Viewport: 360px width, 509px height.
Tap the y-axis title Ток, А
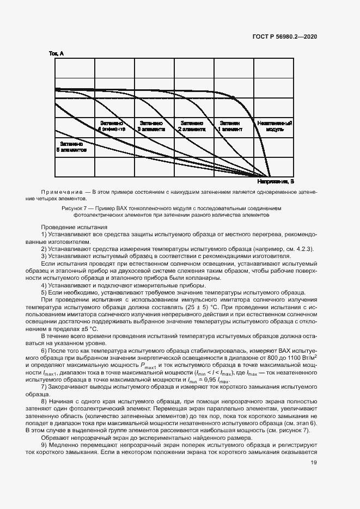coord(57,53)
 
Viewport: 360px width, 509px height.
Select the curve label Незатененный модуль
coord(275,126)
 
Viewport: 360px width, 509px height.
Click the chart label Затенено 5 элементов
coord(71,147)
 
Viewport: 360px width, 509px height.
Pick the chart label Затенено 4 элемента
coord(112,126)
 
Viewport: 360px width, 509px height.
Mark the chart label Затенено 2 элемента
coord(192,126)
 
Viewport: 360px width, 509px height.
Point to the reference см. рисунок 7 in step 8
coord(289,431)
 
